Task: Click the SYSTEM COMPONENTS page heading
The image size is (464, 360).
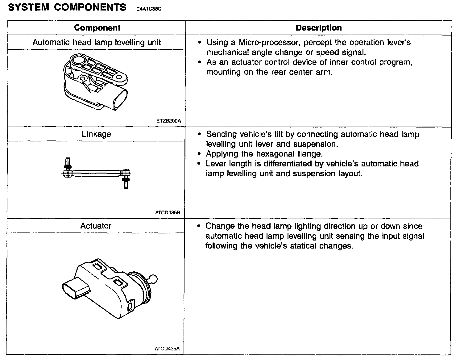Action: pos(67,7)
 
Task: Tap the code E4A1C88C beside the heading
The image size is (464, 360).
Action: pos(149,9)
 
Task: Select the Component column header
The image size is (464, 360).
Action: pos(97,28)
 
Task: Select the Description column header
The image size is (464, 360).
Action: pos(318,28)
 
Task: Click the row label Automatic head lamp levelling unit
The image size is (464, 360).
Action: pos(97,42)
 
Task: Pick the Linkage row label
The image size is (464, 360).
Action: pos(96,134)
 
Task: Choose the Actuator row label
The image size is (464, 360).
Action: pos(96,226)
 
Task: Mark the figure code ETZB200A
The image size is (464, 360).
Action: pos(168,121)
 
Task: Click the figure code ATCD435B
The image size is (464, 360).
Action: pos(168,213)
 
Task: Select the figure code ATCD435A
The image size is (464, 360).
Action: pos(167,349)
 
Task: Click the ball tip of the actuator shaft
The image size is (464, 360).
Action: pos(153,280)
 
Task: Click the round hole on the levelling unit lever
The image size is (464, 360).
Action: pos(78,60)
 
